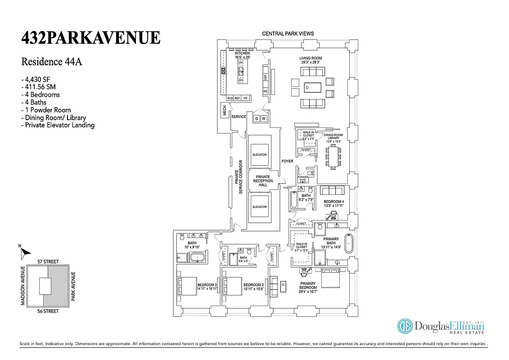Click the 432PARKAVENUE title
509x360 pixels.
click(x=90, y=38)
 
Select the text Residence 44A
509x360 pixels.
click(x=52, y=62)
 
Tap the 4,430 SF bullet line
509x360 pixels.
click(x=39, y=79)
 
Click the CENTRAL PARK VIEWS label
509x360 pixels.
click(x=288, y=34)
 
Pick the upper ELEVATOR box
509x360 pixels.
click(x=259, y=154)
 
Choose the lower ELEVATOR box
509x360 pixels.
click(x=259, y=207)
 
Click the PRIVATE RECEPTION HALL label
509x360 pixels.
click(x=263, y=181)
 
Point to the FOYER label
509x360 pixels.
click(x=287, y=161)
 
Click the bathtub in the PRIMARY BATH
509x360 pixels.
click(x=349, y=245)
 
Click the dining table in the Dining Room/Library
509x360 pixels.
click(x=333, y=157)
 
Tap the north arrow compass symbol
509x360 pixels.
click(x=24, y=253)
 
